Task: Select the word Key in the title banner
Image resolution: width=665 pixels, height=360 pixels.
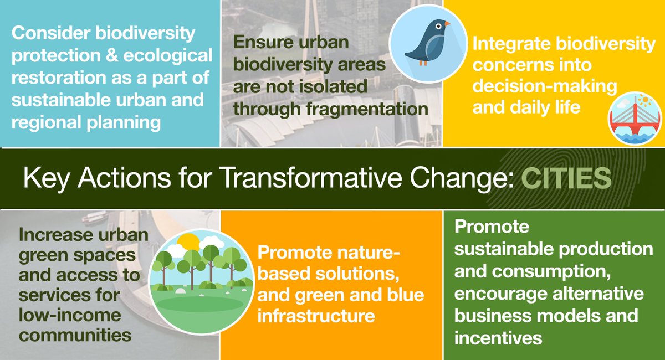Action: point(45,178)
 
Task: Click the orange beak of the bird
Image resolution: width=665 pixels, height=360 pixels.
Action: point(447,24)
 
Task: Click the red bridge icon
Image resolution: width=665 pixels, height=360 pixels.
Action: point(635,117)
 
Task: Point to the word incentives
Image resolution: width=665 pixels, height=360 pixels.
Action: point(498,337)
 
